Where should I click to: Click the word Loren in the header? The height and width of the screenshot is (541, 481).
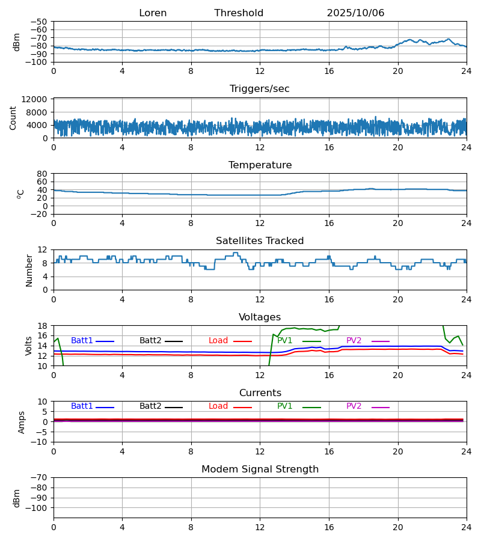click(x=153, y=13)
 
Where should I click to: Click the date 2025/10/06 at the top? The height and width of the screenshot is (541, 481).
click(x=355, y=13)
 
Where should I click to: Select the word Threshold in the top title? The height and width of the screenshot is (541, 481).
click(x=239, y=13)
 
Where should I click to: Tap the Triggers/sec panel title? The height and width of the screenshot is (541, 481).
click(x=260, y=89)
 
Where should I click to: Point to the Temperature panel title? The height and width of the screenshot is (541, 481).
click(x=260, y=165)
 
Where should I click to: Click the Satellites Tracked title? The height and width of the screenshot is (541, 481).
click(x=260, y=241)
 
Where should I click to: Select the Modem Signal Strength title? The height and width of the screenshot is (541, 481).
click(x=260, y=469)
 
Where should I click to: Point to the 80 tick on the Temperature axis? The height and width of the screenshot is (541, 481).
click(x=42, y=174)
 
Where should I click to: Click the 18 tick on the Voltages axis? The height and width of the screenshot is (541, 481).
click(x=42, y=326)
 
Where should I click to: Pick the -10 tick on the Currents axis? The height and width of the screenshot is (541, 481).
click(x=40, y=442)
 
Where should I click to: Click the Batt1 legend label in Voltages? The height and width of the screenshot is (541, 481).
click(x=82, y=341)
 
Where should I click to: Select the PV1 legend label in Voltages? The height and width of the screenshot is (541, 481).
click(x=285, y=341)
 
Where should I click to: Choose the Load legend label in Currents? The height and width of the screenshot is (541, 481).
click(x=218, y=406)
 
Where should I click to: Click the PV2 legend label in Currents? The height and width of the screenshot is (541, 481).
click(x=354, y=406)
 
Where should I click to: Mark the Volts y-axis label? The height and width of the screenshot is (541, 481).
click(x=29, y=346)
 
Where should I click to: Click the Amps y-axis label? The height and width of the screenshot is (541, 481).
click(x=22, y=422)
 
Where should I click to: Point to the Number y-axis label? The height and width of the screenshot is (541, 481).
click(x=29, y=270)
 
